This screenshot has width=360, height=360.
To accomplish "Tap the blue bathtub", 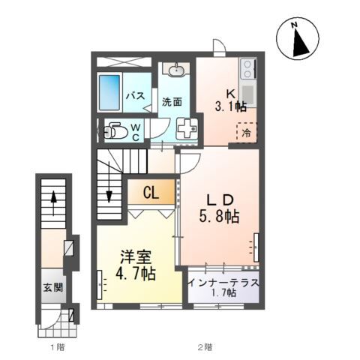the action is (x=109, y=92).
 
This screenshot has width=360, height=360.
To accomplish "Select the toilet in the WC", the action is (x=115, y=130).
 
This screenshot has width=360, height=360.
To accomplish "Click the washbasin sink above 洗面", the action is (x=177, y=70).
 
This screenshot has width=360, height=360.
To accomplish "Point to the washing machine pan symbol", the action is (x=187, y=129).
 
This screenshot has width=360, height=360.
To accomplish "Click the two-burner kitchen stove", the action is (x=247, y=68).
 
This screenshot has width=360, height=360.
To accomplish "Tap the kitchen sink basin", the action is (x=247, y=93).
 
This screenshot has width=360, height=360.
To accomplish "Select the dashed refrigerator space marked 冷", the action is (x=247, y=133).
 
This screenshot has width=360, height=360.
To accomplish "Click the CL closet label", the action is (x=151, y=193).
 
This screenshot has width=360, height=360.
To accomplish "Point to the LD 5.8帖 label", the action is (x=219, y=208).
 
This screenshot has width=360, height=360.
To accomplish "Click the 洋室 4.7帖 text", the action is (x=136, y=265).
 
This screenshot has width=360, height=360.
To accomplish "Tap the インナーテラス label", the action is (x=223, y=283).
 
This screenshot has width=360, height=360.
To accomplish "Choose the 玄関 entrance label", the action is (x=53, y=287).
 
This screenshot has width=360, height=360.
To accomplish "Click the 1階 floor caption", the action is (x=58, y=347).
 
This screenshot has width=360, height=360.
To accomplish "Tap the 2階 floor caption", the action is (x=205, y=347).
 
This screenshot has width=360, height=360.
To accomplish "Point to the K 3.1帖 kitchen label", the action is (x=230, y=100).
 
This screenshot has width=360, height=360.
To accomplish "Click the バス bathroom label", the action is (x=135, y=96).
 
